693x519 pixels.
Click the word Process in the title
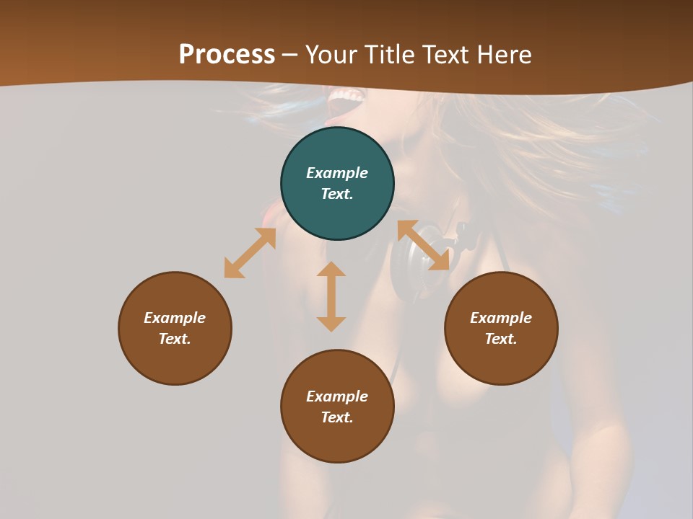pyautogui.click(x=227, y=55)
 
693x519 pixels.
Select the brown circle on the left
pyautogui.click(x=175, y=360)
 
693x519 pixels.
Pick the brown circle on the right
pyautogui.click(x=501, y=360)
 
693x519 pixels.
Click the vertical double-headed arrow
pyautogui.click(x=331, y=296)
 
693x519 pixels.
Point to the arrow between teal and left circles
pyautogui.click(x=250, y=253)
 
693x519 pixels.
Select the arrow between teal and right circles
pyautogui.click(x=423, y=245)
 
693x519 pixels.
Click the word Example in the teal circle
pyautogui.click(x=337, y=173)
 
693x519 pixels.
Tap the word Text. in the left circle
pyautogui.click(x=175, y=339)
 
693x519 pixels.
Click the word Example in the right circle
pyautogui.click(x=501, y=318)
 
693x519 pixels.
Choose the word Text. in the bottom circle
pyautogui.click(x=337, y=417)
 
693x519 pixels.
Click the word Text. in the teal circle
pyautogui.click(x=337, y=194)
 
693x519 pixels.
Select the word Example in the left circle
pyautogui.click(x=175, y=318)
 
